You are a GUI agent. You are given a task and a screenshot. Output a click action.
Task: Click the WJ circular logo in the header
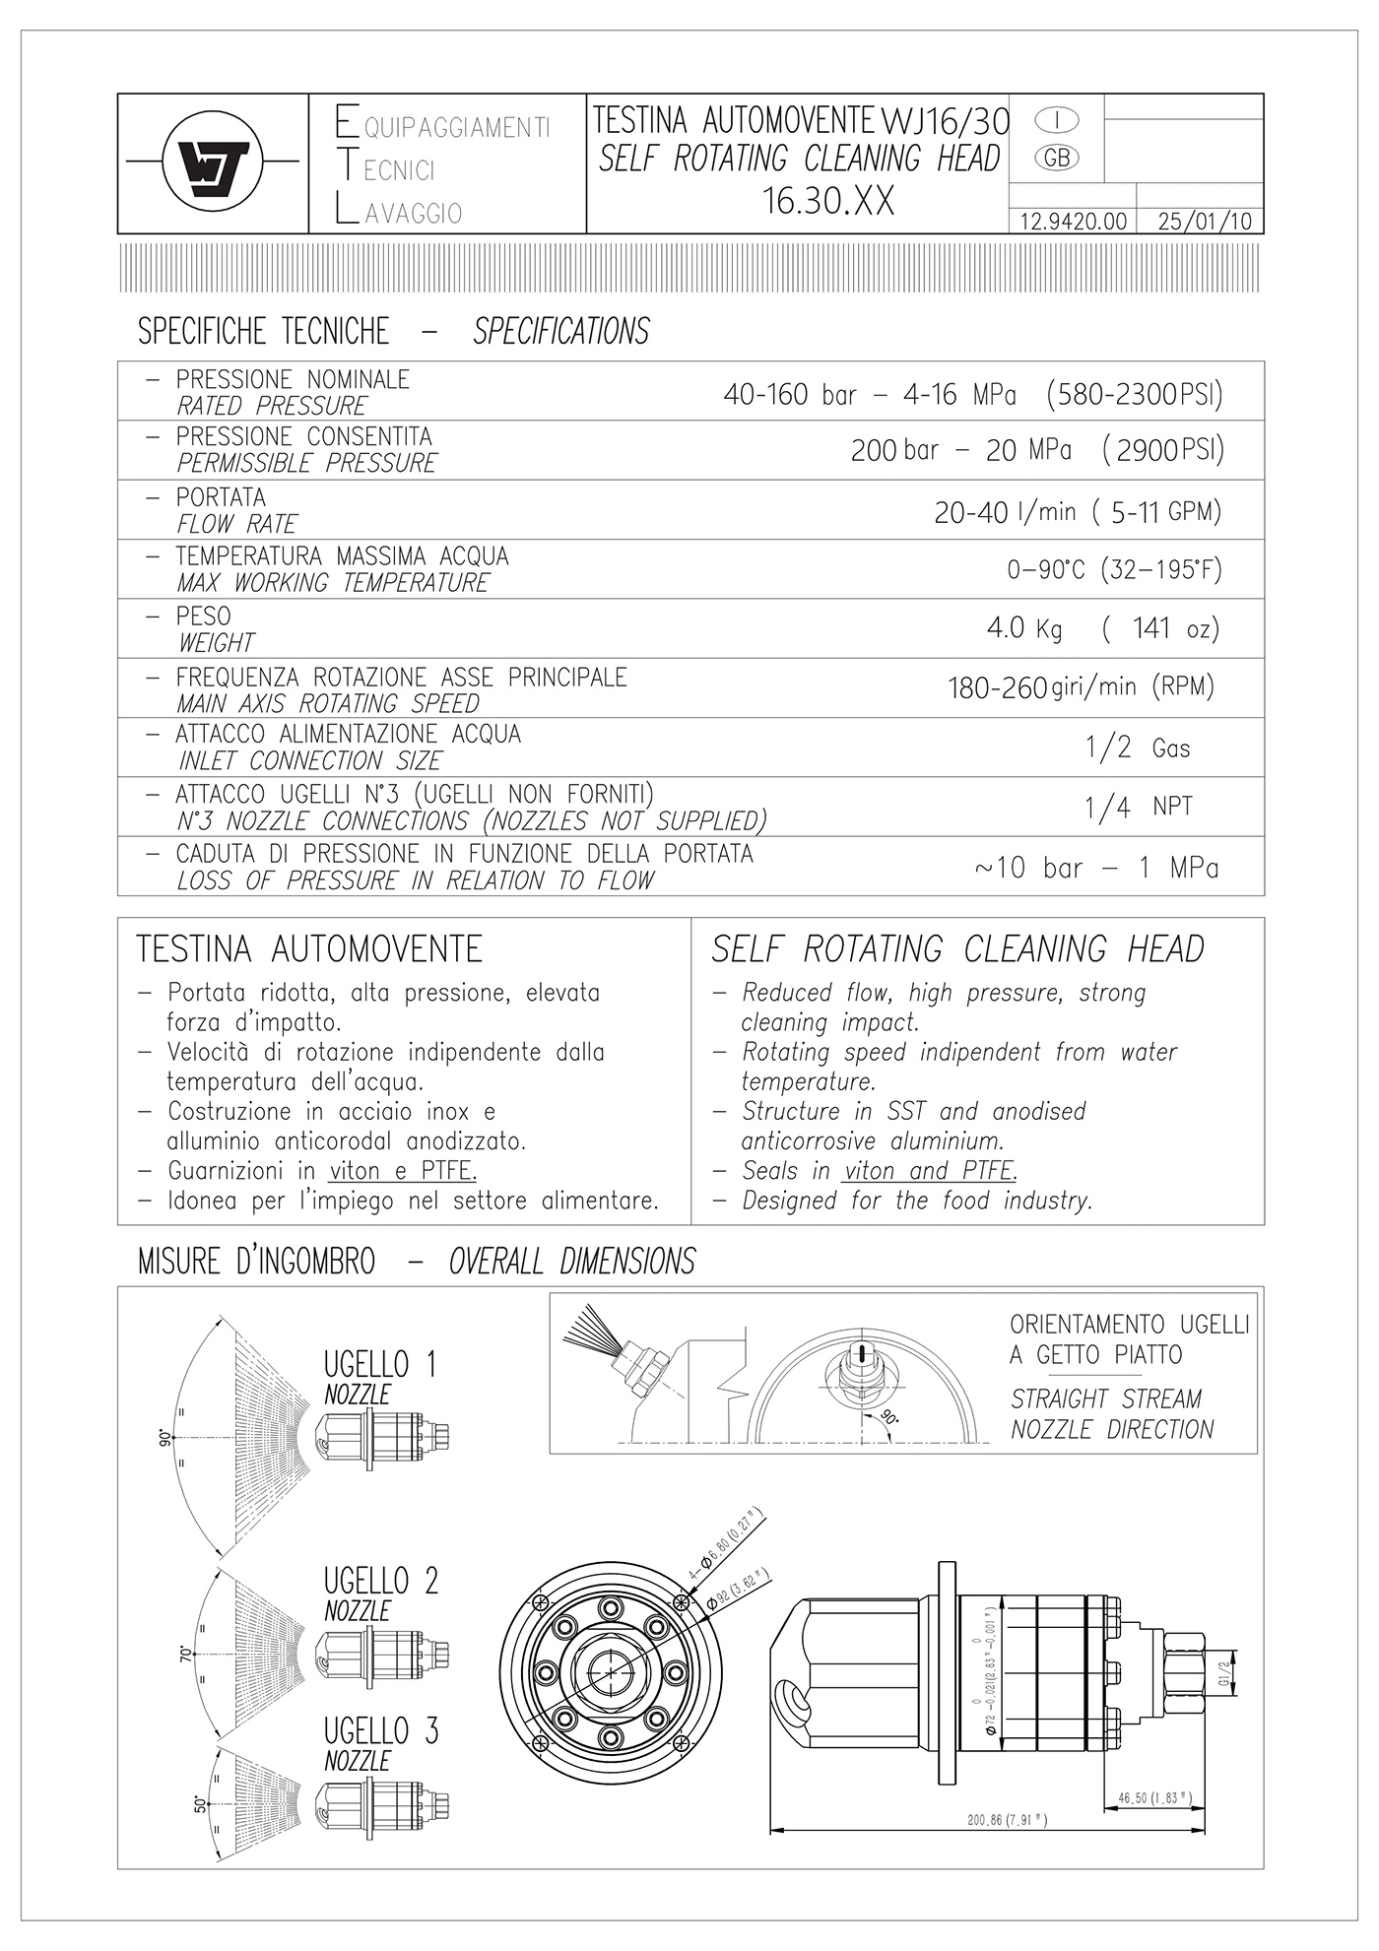pos(212,163)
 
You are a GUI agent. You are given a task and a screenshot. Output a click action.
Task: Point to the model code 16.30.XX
pos(828,201)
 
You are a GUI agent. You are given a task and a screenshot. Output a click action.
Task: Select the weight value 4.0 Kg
pos(1024,628)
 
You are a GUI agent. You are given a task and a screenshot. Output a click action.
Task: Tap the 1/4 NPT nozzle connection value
pos(1138,808)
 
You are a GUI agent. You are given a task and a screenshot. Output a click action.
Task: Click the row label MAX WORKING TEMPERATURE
pos(333,583)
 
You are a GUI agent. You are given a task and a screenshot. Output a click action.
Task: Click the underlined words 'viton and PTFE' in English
pos(929,1171)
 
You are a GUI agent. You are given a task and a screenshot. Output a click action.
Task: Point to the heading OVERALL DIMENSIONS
pos(571,1262)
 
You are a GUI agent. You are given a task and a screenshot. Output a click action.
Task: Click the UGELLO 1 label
pos(379,1364)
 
